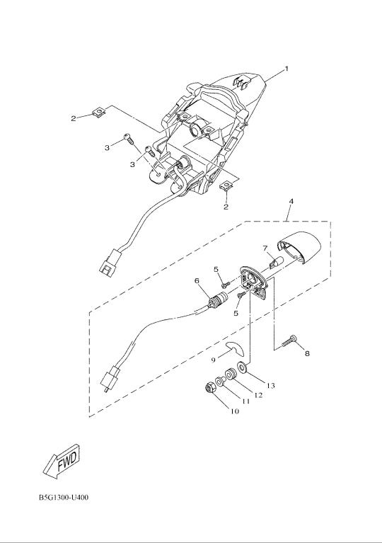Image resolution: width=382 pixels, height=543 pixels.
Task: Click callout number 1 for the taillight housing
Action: pos(286,69)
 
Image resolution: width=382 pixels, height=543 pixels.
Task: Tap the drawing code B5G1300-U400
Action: pos(64,498)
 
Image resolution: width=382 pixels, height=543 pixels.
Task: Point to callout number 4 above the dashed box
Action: pos(291,201)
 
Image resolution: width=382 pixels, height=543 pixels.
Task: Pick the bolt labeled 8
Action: pos(289,341)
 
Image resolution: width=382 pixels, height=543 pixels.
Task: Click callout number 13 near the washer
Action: pos(270,385)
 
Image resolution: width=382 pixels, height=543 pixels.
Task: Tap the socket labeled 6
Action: pos(218,299)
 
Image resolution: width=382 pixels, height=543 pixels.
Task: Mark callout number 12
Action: pos(258,395)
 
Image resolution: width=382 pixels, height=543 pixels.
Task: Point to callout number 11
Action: pos(245,401)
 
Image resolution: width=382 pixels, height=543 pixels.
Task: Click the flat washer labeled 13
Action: pos(242,367)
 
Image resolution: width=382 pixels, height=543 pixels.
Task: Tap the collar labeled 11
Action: pos(220,382)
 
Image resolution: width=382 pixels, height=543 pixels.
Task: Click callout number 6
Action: pos(197,280)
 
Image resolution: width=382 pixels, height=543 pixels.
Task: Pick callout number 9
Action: pos(214,360)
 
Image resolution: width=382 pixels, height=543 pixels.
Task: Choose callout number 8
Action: pos(307,354)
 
